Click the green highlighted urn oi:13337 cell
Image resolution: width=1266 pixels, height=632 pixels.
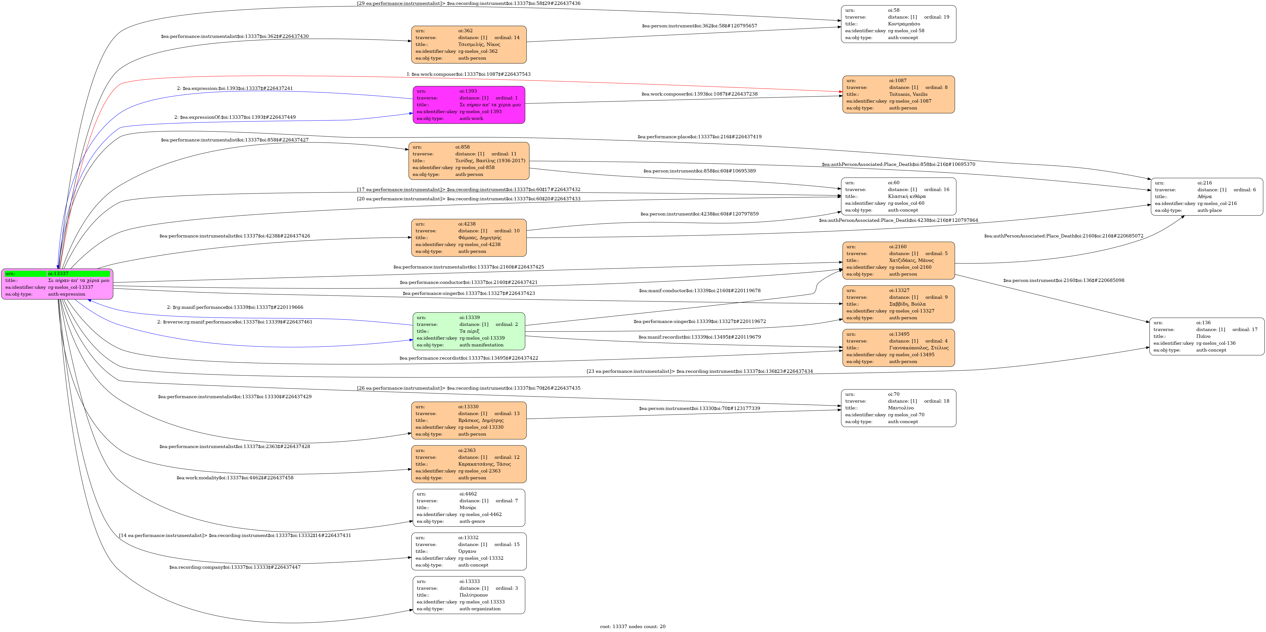79,274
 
